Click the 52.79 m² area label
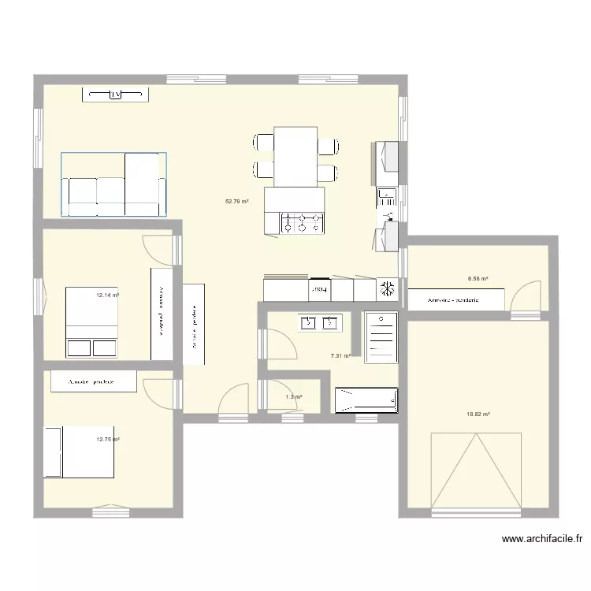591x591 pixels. coord(236,201)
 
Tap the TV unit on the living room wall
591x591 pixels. coord(116,95)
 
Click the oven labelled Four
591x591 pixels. coord(320,290)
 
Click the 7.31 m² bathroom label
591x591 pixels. coord(340,356)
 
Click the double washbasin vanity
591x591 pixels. coord(320,322)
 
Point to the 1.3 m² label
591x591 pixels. coord(294,397)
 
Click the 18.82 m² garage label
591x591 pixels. coord(478,414)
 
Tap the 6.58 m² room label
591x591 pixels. coord(478,278)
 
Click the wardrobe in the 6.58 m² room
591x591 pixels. coord(455,299)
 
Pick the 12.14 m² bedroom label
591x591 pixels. coord(107,295)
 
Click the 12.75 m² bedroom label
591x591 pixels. coord(107,440)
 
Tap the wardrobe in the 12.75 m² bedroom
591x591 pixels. coord(93,381)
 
